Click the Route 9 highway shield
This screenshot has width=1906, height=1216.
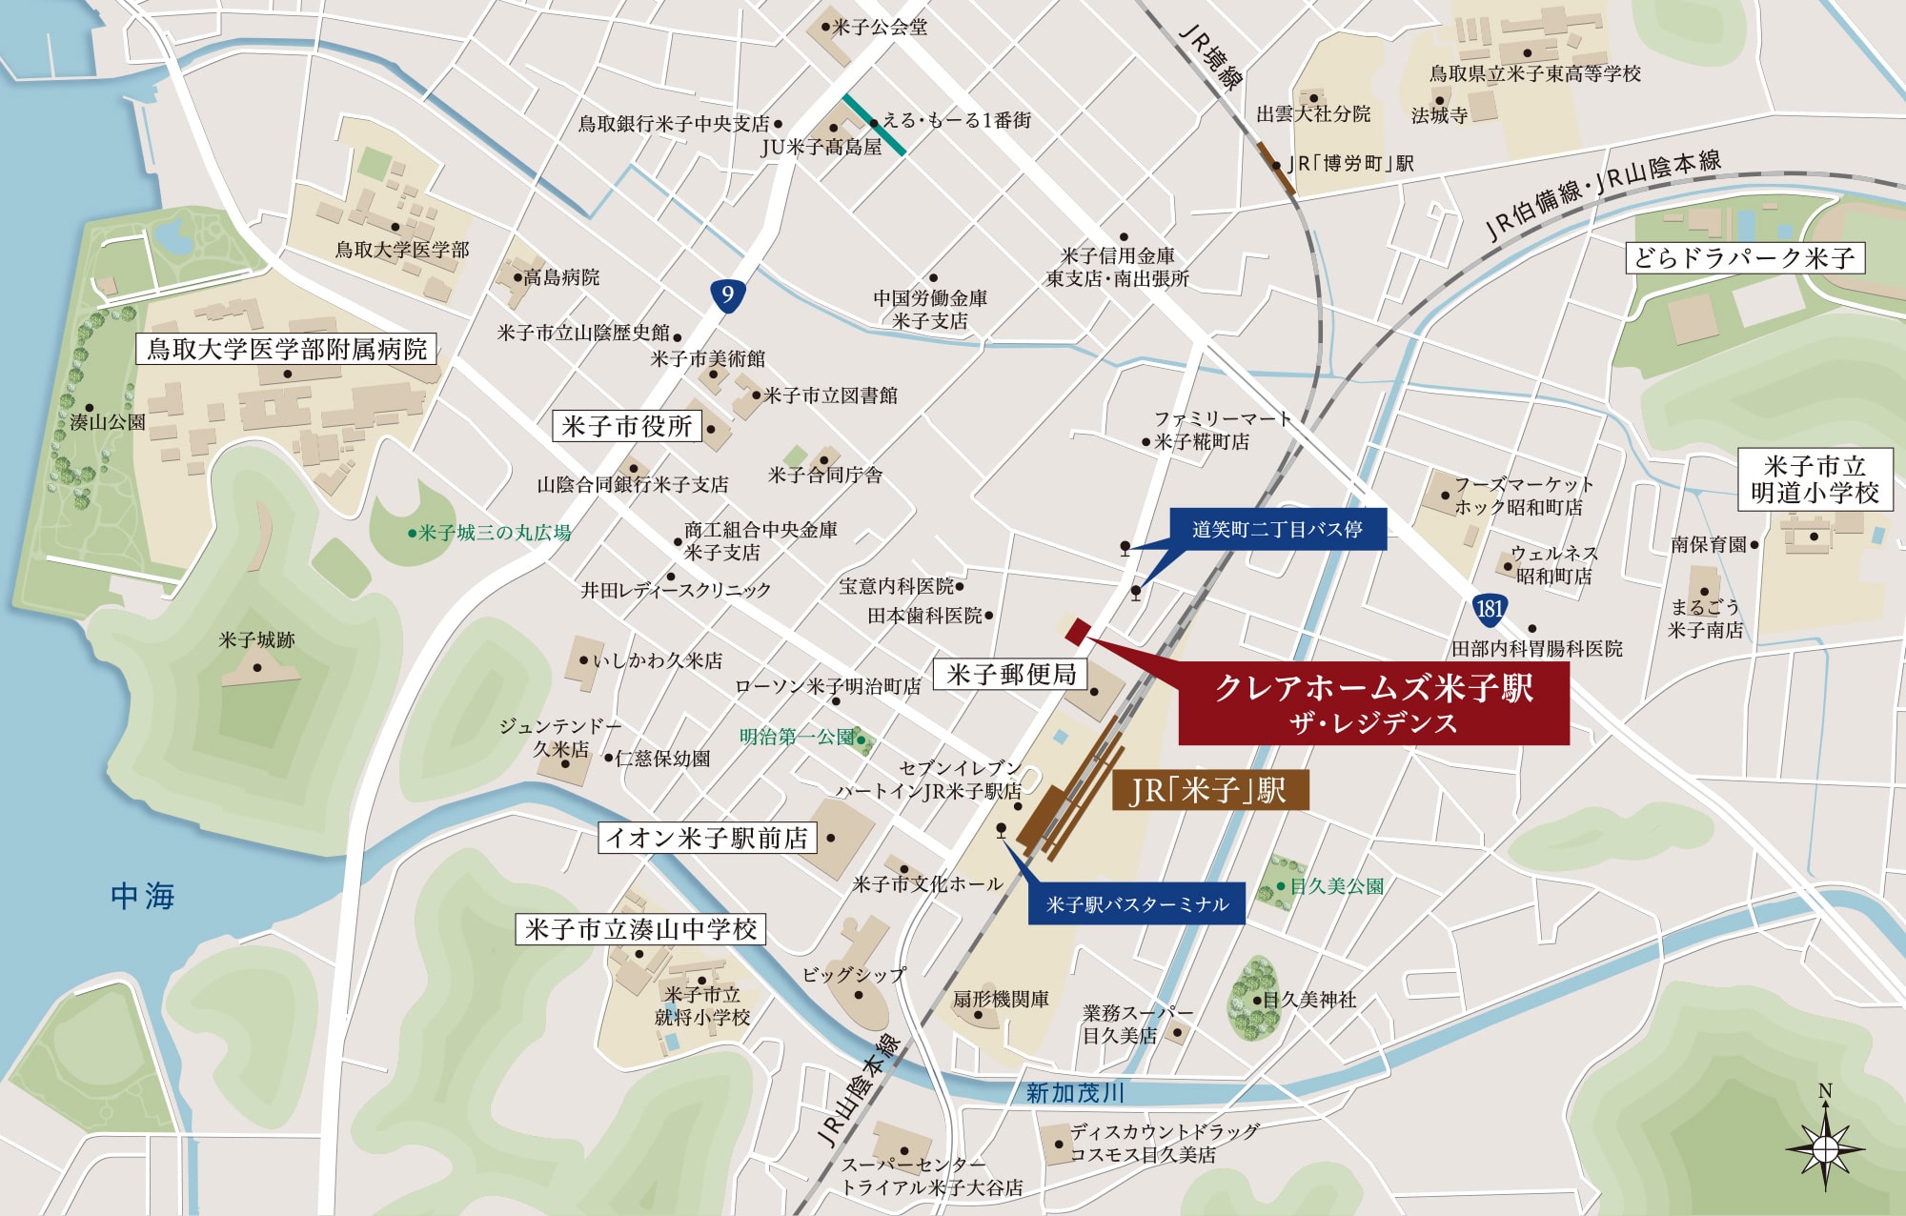pyautogui.click(x=727, y=294)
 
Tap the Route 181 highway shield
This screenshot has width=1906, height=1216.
pyautogui.click(x=1489, y=609)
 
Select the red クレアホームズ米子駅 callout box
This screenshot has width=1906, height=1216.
pyautogui.click(x=1373, y=703)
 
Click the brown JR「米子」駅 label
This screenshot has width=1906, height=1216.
pyautogui.click(x=1209, y=791)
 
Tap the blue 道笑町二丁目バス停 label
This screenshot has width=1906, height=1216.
pyautogui.click(x=1277, y=529)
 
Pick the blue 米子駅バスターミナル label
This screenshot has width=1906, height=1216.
pyautogui.click(x=1137, y=904)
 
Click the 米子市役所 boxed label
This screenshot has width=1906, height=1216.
pyautogui.click(x=627, y=426)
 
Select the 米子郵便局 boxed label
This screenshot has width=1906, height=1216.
pyautogui.click(x=1011, y=675)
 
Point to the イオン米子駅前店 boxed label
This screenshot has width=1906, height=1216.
pyautogui.click(x=707, y=838)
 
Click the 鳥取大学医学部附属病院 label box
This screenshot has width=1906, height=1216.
pyautogui.click(x=286, y=349)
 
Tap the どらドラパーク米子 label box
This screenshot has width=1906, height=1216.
pyautogui.click(x=1744, y=257)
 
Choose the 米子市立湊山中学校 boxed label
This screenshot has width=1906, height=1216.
pyautogui.click(x=640, y=929)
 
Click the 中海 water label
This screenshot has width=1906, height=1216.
pyautogui.click(x=143, y=896)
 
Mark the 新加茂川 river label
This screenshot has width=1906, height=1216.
pyautogui.click(x=1075, y=1093)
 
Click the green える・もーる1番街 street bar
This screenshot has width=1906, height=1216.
pyautogui.click(x=874, y=124)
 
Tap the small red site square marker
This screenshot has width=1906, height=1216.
pyautogui.click(x=1077, y=631)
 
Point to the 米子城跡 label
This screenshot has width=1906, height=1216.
pyautogui.click(x=256, y=640)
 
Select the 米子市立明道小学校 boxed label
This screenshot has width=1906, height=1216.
pyautogui.click(x=1815, y=479)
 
